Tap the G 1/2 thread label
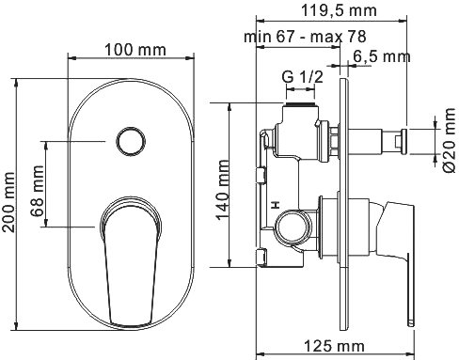click(x=299, y=75)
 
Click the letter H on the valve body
click(x=275, y=204)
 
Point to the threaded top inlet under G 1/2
click(x=298, y=104)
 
